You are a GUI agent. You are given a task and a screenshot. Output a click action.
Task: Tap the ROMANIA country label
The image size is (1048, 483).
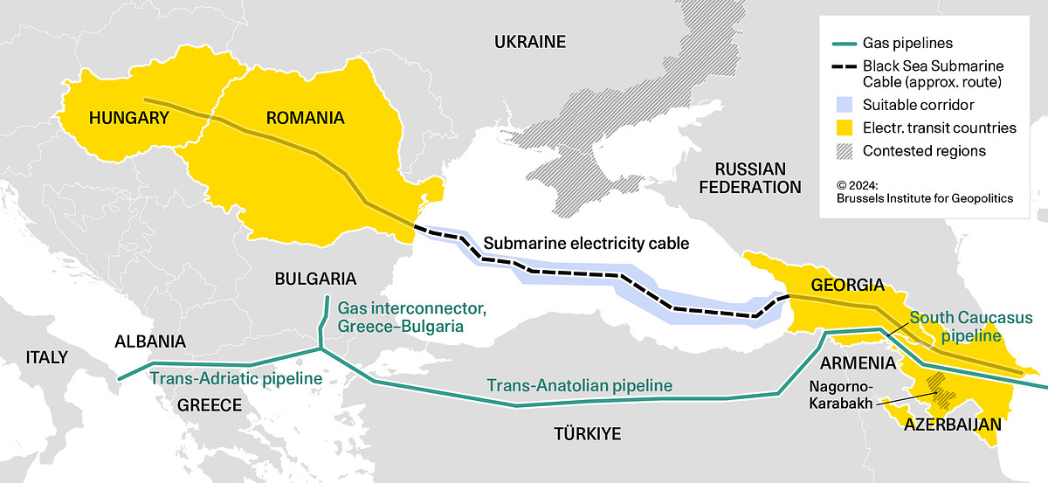(x=305, y=117)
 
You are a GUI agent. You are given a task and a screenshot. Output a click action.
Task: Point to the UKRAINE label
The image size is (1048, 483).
(x=530, y=42)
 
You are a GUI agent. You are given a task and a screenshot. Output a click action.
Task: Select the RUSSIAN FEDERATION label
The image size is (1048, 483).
(x=750, y=177)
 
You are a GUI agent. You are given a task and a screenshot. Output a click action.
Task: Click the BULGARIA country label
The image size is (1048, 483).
(x=315, y=279)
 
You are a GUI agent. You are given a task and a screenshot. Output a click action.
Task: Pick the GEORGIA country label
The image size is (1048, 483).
(x=847, y=285)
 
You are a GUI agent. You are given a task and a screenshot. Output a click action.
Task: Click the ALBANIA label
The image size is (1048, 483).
(x=149, y=342)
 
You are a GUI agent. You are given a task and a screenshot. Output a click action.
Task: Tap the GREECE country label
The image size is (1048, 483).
(x=209, y=405)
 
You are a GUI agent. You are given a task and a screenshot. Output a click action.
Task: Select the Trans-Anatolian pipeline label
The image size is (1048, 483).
(x=579, y=385)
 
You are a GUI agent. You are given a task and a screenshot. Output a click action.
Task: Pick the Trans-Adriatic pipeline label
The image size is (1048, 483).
(x=236, y=379)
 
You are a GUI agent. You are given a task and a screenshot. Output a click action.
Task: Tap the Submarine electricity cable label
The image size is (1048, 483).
(x=586, y=244)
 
